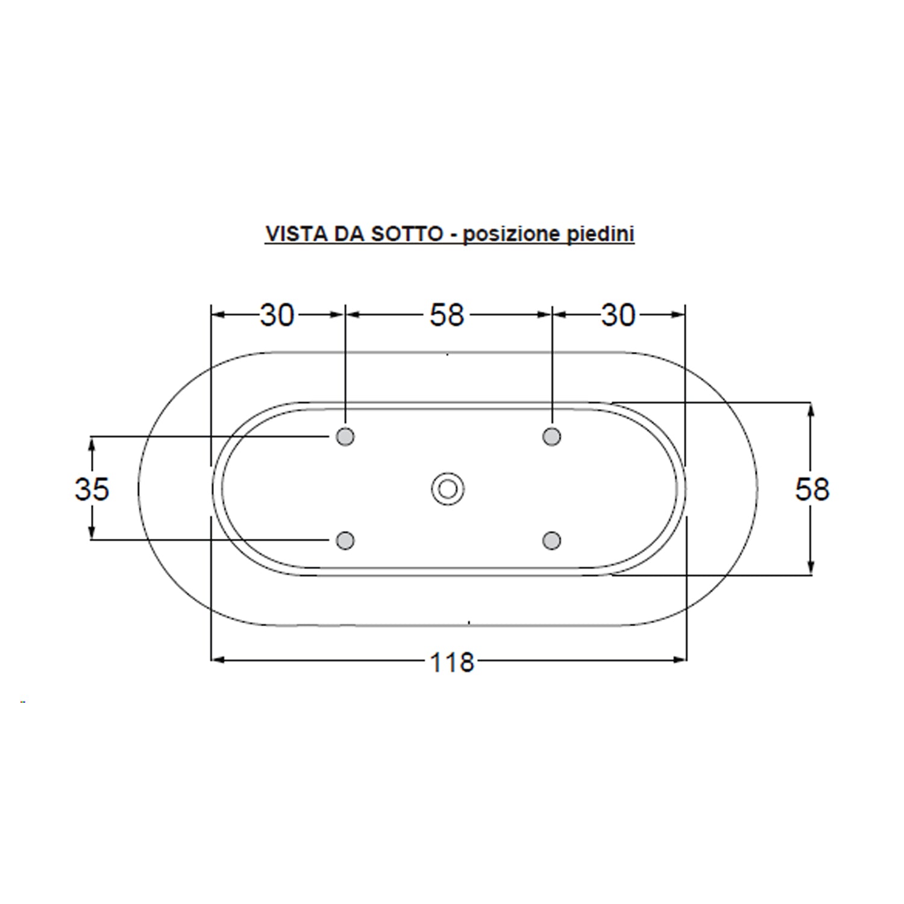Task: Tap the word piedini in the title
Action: (601, 234)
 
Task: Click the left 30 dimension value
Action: (277, 315)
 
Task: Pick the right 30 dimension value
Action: (618, 315)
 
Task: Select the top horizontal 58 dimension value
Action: (447, 315)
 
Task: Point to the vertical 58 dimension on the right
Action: (812, 489)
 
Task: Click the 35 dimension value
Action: (92, 489)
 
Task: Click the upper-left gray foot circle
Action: (345, 436)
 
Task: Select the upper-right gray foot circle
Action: (551, 436)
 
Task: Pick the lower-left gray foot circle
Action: (345, 540)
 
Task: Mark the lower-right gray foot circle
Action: (551, 540)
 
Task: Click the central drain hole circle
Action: (447, 489)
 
